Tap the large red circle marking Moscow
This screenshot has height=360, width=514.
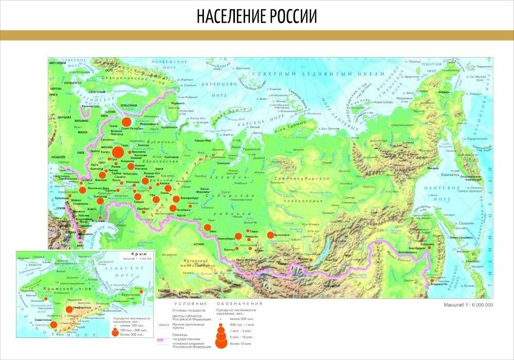click(118, 152)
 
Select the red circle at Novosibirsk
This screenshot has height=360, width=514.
click(238, 237)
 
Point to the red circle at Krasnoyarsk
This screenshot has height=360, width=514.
click(270, 236)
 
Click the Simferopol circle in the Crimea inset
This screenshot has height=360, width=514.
click(69, 309)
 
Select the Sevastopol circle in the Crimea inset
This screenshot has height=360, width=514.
click(53, 324)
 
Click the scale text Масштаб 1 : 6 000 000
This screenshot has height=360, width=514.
click(468, 305)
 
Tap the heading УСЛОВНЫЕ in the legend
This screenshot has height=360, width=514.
click(185, 304)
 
